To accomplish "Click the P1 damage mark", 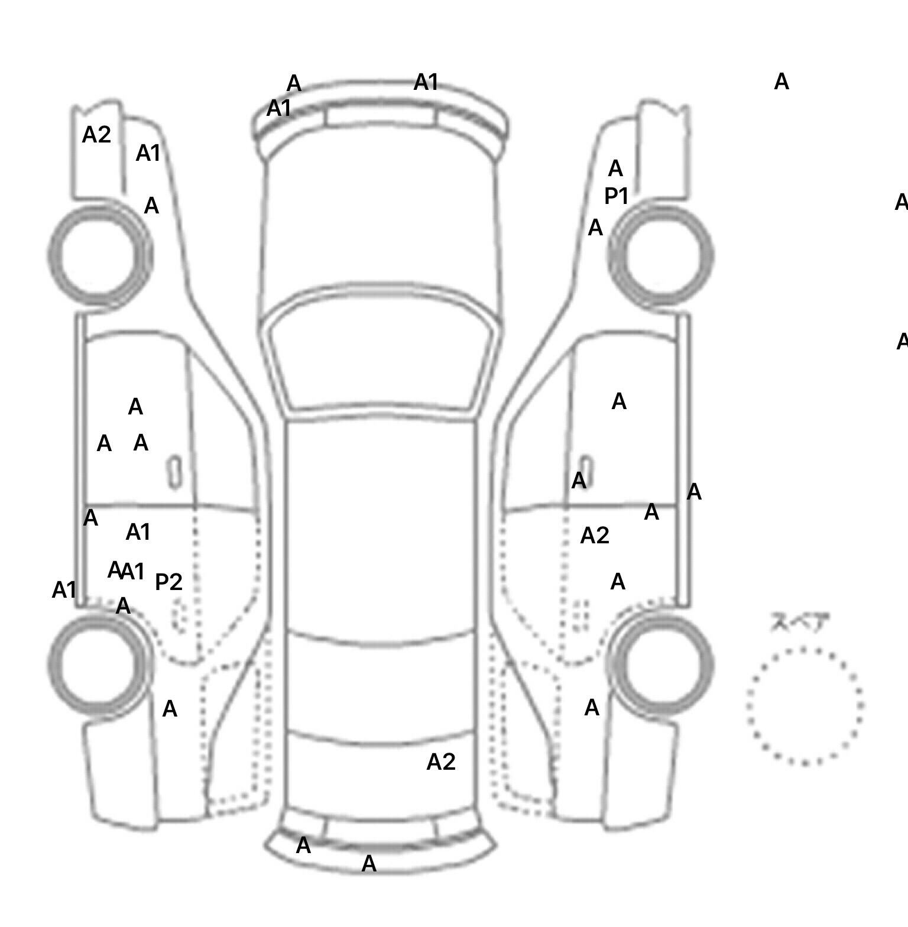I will pos(616,196).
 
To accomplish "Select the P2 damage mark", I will pos(168,582).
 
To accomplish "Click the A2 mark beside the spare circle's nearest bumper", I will pos(441,762).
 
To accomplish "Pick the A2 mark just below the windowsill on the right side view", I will pos(595,536).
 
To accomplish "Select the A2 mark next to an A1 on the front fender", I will pos(96,135).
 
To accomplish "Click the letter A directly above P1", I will pos(615,169).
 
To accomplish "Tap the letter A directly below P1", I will pos(595,228).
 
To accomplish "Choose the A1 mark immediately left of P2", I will pos(134,572).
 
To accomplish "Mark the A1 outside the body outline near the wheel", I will pos(64,590).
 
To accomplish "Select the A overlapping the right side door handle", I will pos(579,480).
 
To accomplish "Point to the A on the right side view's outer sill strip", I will pos(694,492).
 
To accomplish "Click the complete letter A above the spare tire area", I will pos(781,82).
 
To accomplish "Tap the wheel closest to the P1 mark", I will pos(660,255).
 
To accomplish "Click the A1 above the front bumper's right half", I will pos(426,82).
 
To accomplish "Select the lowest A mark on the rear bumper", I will pos(369,864).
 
